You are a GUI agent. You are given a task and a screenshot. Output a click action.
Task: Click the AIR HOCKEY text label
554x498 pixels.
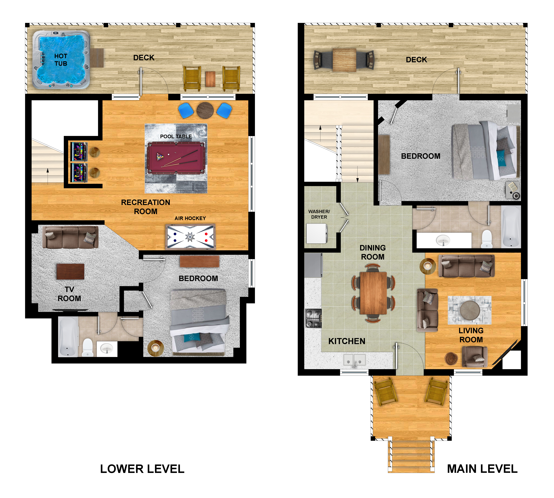(190, 218)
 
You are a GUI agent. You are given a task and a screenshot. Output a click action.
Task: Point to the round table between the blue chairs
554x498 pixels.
(205, 110)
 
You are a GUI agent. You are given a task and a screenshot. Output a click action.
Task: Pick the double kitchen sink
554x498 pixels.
(354, 360)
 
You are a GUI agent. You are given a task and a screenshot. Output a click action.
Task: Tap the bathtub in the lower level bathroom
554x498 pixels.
(68, 337)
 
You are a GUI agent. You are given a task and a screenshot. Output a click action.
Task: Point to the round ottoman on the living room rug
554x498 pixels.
(470, 310)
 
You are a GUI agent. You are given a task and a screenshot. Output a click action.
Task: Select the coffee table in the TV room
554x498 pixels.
(70, 271)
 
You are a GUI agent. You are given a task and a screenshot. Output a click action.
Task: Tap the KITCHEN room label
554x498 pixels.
(347, 341)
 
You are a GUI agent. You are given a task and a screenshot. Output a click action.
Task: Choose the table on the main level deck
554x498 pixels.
(344, 60)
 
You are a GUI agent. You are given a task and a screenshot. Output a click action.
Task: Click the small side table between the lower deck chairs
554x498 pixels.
(210, 79)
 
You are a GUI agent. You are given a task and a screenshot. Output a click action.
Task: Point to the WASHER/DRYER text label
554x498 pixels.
(319, 214)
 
